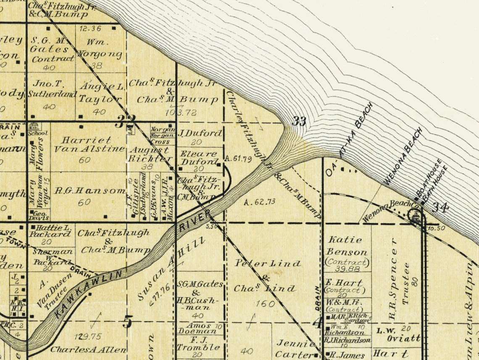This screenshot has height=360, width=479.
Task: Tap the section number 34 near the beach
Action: tap(440, 207)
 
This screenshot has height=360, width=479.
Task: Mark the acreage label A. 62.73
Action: tap(259, 202)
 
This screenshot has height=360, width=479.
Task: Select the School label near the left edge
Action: tap(38, 133)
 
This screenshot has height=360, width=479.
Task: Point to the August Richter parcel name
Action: tap(150, 154)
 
